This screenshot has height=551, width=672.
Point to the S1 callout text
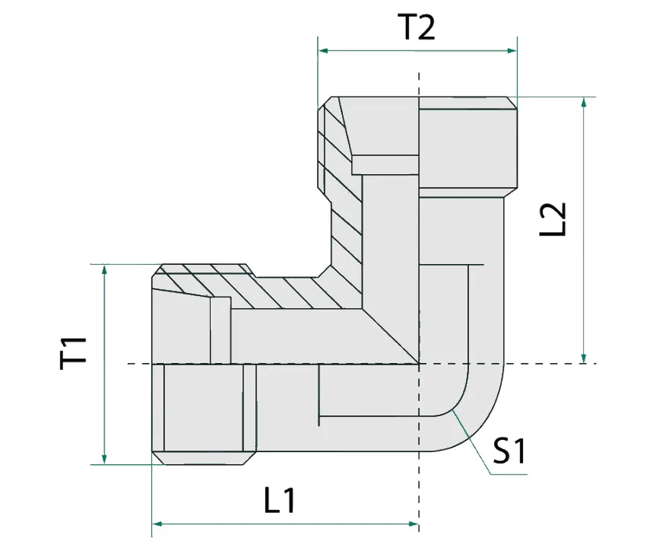coord(509,453)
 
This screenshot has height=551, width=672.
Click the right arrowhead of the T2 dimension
coord(512,51)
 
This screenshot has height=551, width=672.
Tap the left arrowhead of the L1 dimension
coord(157,524)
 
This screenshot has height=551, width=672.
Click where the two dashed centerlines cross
coord(418,363)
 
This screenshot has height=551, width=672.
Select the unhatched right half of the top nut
coord(467,148)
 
